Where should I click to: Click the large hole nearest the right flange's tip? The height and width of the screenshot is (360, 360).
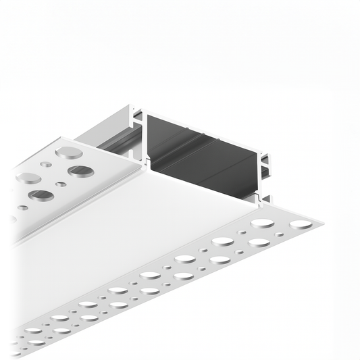pos(301,224)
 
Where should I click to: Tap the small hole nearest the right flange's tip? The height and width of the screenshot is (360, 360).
pos(278,234)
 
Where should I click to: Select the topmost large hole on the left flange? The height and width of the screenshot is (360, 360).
pos(69,153)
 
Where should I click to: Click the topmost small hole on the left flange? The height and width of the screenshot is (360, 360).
pos(46,163)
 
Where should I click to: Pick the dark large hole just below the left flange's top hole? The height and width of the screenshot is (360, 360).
pos(80,171)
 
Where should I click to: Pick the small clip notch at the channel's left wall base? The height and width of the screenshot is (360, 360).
pos(143,160)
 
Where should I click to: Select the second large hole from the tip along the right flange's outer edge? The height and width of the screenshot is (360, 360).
pos(259,242)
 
